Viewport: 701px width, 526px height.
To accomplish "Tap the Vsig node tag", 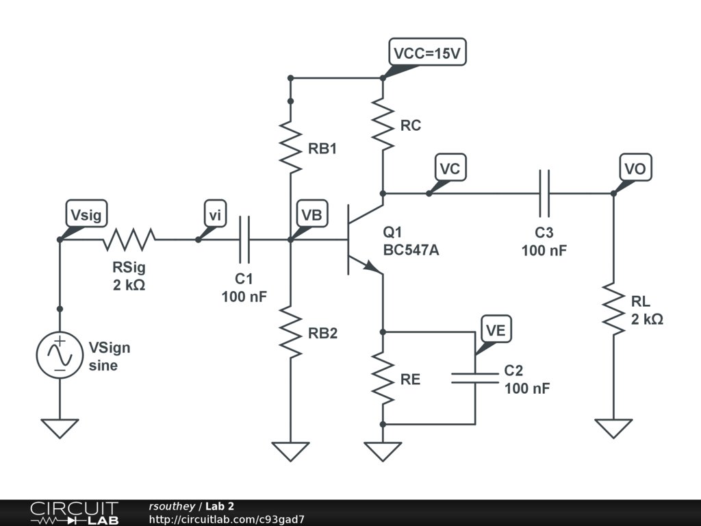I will [x=86, y=214].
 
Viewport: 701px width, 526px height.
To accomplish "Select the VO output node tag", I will [x=636, y=168].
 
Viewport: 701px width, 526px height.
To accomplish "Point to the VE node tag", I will [x=496, y=331].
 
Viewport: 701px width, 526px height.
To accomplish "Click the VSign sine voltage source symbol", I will [x=60, y=354].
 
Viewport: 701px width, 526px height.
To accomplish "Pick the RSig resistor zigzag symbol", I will [x=129, y=240].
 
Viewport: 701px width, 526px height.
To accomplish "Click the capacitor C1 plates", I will [x=244, y=240].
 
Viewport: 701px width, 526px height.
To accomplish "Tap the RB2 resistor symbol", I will [x=290, y=333].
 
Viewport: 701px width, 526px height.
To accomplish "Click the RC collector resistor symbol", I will [x=383, y=125].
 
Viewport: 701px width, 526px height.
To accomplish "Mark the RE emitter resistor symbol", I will [x=383, y=378].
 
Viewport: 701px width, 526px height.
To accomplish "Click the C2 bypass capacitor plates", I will [x=474, y=378].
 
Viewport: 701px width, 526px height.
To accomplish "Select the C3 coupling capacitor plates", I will [x=544, y=193].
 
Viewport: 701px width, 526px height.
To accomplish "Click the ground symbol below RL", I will [x=613, y=429].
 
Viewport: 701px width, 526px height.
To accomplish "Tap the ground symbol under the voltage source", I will [x=60, y=429].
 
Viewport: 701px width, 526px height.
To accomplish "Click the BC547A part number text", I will [x=411, y=251].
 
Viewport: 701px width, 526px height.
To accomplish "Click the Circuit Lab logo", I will [x=74, y=513].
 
